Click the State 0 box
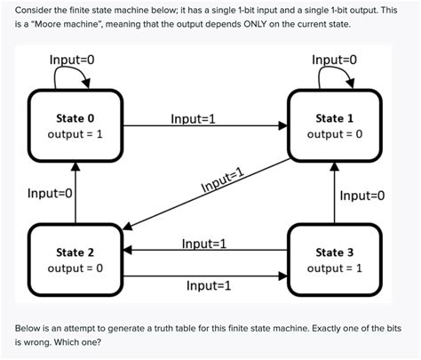[x=75, y=125]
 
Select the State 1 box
[x=335, y=125]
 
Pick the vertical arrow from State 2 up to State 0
[x=75, y=191]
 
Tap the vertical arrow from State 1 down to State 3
[x=335, y=191]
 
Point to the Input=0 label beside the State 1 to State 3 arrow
[x=362, y=195]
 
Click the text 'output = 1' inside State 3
[x=335, y=268]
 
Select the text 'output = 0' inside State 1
[x=335, y=134]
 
